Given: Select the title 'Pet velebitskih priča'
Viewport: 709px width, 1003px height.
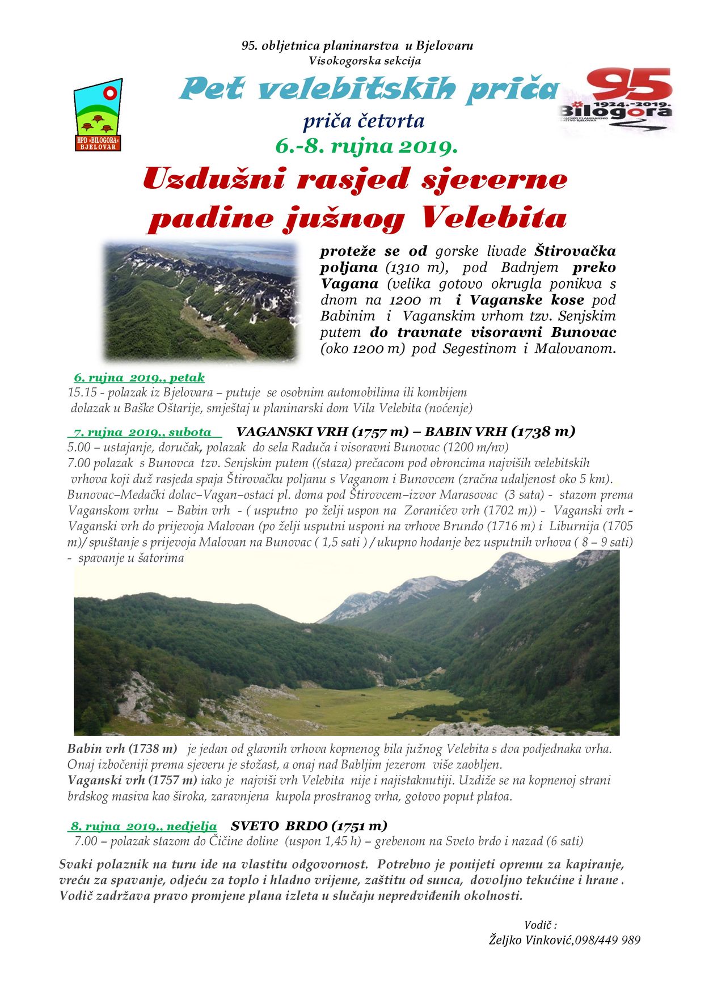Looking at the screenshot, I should (x=369, y=89).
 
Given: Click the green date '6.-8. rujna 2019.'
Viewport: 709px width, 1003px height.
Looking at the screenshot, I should (x=366, y=147).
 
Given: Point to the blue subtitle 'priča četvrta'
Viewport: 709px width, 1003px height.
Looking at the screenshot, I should (x=364, y=120).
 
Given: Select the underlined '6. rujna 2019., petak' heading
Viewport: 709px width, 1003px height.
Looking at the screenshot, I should (x=139, y=377).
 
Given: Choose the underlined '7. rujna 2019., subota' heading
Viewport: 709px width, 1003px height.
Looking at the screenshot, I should (x=142, y=432).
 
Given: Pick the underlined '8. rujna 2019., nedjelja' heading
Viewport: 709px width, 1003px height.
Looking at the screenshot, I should (x=144, y=826).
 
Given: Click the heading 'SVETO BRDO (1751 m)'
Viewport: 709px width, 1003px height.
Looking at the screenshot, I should (x=309, y=826).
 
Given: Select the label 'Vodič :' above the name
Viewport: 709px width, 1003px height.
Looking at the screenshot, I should (x=540, y=925).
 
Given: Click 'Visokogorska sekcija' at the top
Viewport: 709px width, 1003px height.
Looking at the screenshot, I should (x=365, y=61).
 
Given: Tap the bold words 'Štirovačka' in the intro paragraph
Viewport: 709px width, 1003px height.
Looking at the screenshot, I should (x=575, y=251).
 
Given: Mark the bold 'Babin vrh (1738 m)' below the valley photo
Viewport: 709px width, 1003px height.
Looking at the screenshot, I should (x=122, y=748).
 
